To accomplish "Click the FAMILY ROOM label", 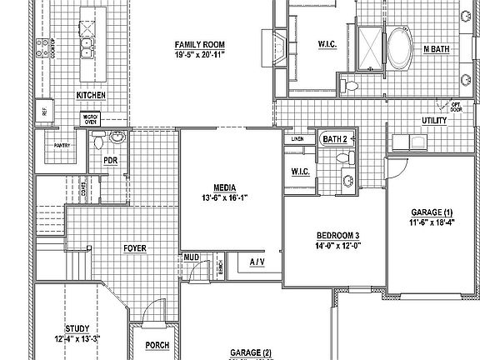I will [200, 44].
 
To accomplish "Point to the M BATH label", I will [437, 49].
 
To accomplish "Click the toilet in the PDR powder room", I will [99, 137].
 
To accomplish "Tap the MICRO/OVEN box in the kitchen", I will [91, 117].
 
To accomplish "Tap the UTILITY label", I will [434, 121].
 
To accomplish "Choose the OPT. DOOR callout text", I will [455, 107].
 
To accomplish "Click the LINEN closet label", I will [297, 138].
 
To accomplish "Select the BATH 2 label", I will [334, 138].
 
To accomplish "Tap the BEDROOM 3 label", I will [337, 235].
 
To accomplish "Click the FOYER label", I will [135, 248].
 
